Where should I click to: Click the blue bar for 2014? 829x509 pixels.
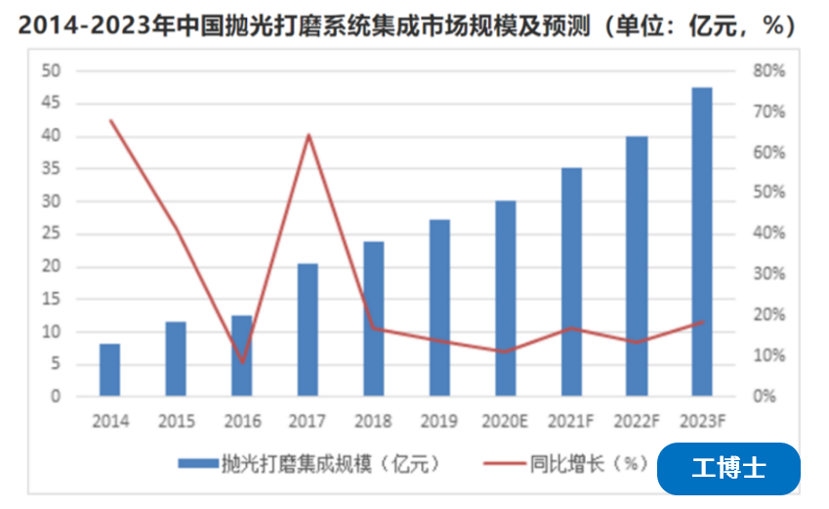[109, 370]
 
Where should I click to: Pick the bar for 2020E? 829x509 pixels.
[506, 299]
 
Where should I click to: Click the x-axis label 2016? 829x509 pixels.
[242, 422]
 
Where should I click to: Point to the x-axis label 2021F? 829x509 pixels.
[571, 422]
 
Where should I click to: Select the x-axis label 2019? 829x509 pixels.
[439, 422]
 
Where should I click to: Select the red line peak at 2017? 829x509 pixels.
[308, 135]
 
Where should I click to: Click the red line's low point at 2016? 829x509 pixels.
[242, 362]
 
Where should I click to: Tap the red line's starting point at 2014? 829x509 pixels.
[110, 120]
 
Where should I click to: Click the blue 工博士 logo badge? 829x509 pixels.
[728, 468]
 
